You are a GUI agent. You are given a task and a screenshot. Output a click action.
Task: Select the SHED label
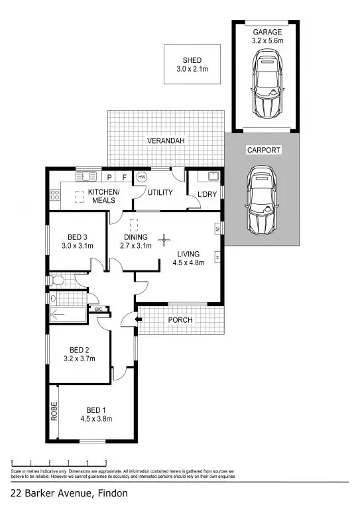point(192,60)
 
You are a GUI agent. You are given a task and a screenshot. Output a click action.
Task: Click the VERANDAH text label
point(166,141)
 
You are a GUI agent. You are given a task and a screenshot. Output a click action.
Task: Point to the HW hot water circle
point(141,177)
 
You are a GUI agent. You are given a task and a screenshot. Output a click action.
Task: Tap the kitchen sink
point(85,176)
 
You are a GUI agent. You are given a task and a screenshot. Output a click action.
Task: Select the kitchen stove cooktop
point(54,195)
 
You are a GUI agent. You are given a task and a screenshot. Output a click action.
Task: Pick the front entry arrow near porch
point(137,320)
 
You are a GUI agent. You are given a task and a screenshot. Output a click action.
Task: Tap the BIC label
point(99,309)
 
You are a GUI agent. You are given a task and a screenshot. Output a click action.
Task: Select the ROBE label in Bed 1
point(55,411)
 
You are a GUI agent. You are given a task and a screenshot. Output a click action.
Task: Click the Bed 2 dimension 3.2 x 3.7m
point(79,360)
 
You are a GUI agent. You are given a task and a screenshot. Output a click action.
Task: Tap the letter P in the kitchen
point(110,177)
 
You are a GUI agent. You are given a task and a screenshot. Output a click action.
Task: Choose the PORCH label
point(179,320)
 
